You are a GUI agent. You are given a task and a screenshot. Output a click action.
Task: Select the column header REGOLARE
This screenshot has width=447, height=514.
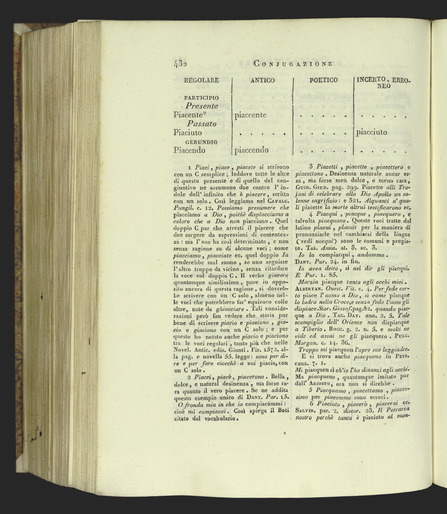(202, 80)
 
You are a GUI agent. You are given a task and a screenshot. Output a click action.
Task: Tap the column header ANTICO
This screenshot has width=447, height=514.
(262, 80)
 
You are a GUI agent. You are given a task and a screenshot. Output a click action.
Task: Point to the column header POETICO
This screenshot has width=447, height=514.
(323, 80)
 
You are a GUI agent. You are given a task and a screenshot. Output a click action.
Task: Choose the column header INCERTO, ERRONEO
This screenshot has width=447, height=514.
(383, 83)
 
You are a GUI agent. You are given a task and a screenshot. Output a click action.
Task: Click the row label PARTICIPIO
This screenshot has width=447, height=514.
(202, 97)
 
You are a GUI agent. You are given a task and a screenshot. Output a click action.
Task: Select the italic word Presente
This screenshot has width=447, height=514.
(202, 106)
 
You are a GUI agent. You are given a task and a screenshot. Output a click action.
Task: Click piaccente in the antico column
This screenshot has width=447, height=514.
(251, 115)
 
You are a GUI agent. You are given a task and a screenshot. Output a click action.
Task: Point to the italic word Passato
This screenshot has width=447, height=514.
(202, 124)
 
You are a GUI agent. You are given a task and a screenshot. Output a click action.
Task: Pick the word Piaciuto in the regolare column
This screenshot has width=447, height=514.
(188, 132)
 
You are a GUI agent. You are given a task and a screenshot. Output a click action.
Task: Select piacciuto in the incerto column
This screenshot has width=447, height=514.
(372, 132)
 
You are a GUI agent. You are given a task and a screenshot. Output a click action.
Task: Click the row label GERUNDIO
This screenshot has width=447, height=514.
(202, 141)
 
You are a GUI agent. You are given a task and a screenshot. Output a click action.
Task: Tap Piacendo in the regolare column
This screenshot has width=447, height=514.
(189, 150)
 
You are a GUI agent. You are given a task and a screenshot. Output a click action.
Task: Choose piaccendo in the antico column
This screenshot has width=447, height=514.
(251, 150)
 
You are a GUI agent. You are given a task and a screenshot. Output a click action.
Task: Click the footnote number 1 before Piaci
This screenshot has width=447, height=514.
(188, 167)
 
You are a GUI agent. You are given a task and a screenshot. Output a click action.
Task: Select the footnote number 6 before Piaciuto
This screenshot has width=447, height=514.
(311, 403)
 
